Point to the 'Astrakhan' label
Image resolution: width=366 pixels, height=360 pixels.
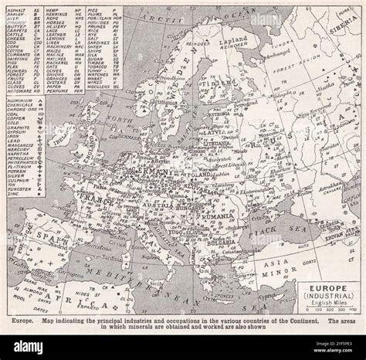click(x=340, y=185)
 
